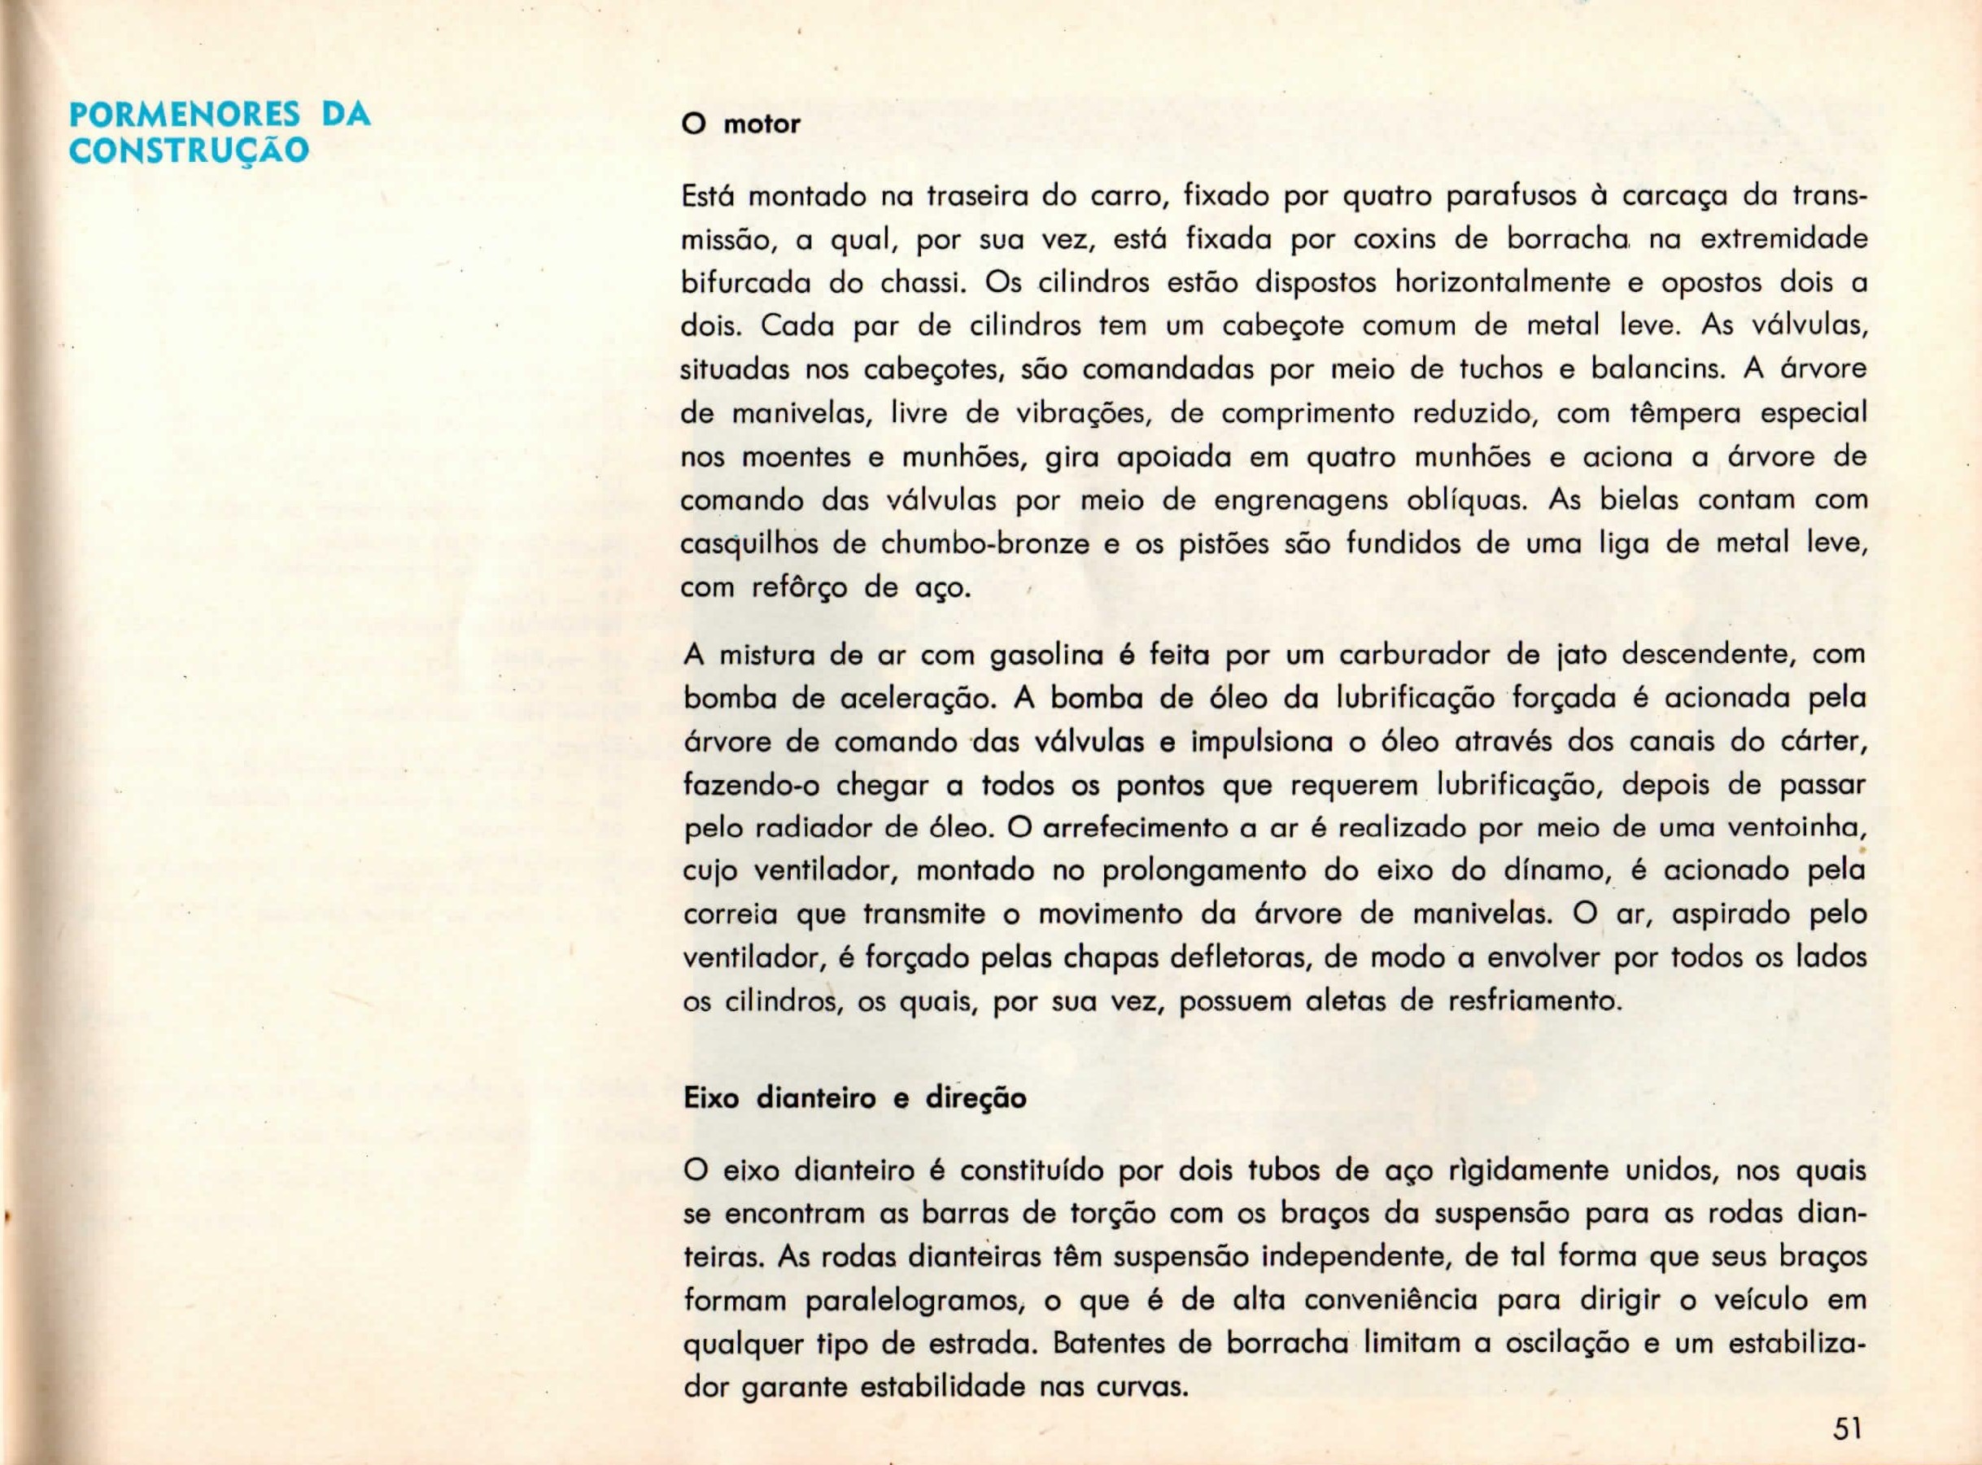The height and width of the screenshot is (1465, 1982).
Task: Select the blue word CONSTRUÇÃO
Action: pos(189,150)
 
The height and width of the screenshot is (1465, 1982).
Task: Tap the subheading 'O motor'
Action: pos(740,124)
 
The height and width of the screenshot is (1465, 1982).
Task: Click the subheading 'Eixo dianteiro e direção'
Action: pos(855,1098)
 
